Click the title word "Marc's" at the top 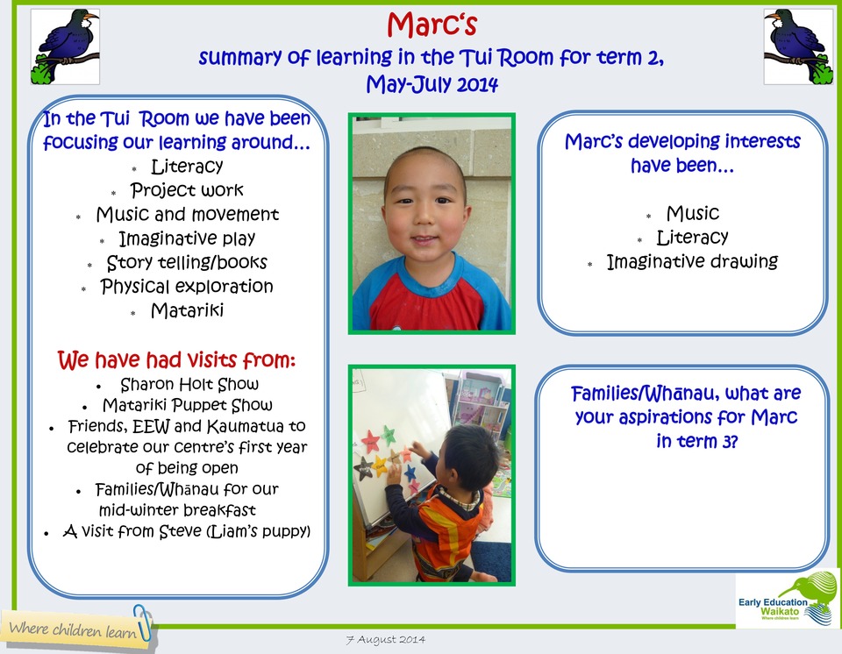tap(431, 25)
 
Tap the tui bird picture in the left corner tap(65, 46)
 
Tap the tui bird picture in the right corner tap(797, 46)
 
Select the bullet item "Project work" tap(187, 190)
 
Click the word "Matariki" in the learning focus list tap(187, 310)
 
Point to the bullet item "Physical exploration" tap(187, 287)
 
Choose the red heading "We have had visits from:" tap(176, 359)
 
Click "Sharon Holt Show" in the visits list tap(189, 384)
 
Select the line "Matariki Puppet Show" tap(187, 405)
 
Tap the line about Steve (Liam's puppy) tap(187, 531)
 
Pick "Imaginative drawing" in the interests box tap(692, 261)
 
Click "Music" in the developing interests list tap(692, 213)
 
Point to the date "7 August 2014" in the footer tap(385, 639)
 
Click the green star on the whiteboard tap(388, 434)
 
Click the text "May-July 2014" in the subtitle tap(432, 85)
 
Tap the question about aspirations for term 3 tap(685, 417)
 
